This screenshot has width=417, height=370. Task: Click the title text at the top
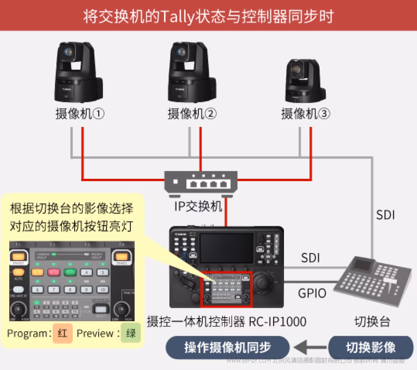(208, 16)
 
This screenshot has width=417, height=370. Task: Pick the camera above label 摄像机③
(305, 79)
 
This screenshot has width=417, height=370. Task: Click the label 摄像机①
(80, 114)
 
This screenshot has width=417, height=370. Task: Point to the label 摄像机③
(306, 114)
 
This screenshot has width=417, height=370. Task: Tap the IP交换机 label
(198, 206)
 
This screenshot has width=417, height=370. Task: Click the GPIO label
(312, 293)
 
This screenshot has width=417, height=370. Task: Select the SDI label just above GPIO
(310, 258)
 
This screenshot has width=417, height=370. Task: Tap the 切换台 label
(372, 321)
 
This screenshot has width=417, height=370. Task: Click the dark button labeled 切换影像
(371, 348)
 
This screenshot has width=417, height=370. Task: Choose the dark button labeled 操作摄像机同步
(227, 348)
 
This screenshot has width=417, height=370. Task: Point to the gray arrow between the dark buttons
(307, 348)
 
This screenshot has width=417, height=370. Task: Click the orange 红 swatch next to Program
(63, 333)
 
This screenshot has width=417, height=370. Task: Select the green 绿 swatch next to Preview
(131, 333)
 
